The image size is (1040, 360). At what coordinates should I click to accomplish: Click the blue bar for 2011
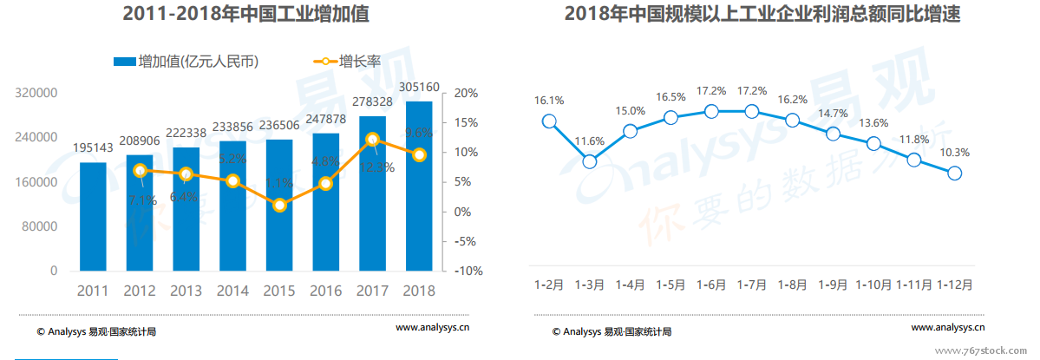click(x=93, y=217)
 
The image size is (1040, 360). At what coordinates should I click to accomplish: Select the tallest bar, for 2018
click(x=419, y=187)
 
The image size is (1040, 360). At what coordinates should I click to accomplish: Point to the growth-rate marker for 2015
click(x=278, y=206)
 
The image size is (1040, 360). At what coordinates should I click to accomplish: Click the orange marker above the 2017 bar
click(x=372, y=139)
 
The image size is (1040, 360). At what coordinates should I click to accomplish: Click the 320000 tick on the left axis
click(x=40, y=93)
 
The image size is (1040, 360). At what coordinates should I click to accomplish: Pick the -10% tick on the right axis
click(x=468, y=271)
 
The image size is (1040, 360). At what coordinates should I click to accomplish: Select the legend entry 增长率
click(x=348, y=62)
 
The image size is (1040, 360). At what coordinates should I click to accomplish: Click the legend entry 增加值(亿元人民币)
click(x=186, y=62)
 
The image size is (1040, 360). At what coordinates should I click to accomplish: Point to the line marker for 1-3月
click(x=590, y=161)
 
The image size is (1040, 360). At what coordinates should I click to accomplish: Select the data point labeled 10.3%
click(x=955, y=173)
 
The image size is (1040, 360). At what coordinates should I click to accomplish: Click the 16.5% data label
click(x=670, y=97)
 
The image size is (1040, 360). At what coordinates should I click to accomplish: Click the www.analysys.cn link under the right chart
click(x=948, y=327)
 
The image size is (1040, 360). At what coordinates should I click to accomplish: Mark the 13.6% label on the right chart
click(x=873, y=122)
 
